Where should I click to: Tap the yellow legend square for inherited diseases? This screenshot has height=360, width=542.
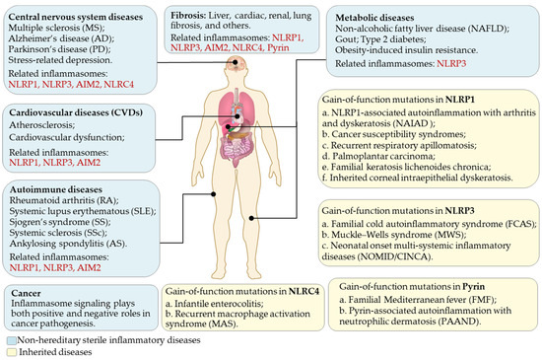7,351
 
